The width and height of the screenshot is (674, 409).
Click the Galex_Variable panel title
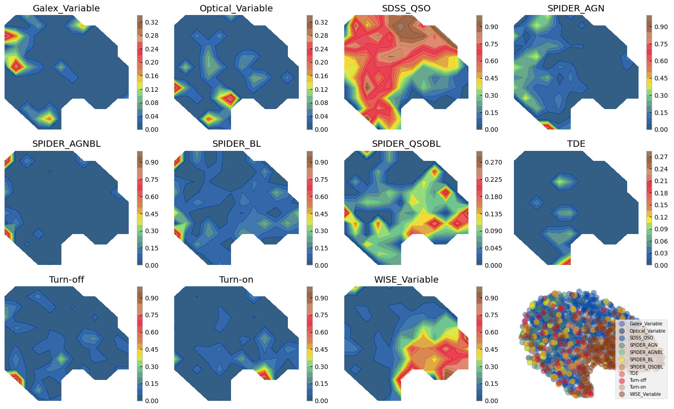point(66,9)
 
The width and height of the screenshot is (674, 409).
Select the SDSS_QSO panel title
point(406,9)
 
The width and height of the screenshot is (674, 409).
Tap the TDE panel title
point(576,144)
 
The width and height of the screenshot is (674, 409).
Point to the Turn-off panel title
point(66,280)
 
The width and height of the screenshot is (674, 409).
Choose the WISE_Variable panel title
point(406,280)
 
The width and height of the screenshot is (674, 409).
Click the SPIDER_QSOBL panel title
point(406,144)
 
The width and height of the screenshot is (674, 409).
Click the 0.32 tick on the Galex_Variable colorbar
point(152,22)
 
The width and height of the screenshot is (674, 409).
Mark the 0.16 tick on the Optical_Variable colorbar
point(322,76)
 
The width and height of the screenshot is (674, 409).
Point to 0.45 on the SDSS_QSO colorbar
point(491,78)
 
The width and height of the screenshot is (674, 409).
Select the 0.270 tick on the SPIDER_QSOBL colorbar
point(493,162)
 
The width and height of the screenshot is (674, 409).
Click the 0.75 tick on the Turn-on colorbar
point(322,315)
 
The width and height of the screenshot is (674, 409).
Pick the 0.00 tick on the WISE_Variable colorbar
point(491,401)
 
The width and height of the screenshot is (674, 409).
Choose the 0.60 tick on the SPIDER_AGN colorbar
point(661,61)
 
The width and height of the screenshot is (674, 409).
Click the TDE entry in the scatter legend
point(634,374)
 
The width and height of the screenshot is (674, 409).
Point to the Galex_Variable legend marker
point(622,324)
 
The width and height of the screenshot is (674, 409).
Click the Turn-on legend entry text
point(638,387)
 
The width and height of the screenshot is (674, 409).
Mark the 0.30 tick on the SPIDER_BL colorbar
point(322,231)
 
